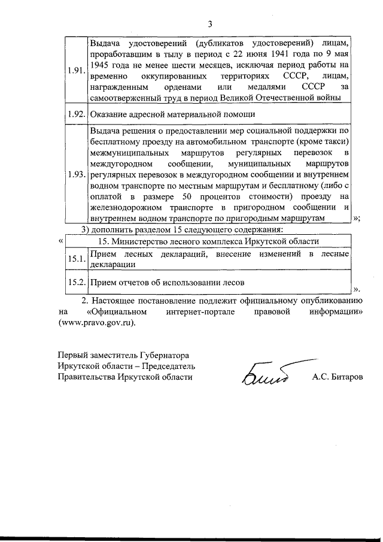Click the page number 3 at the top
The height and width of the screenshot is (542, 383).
(209, 23)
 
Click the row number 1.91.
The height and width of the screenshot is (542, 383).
(76, 70)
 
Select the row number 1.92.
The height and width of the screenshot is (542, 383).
(76, 114)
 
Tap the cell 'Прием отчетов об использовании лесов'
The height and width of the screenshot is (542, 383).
(167, 281)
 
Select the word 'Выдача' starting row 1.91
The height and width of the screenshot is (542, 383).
(104, 43)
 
